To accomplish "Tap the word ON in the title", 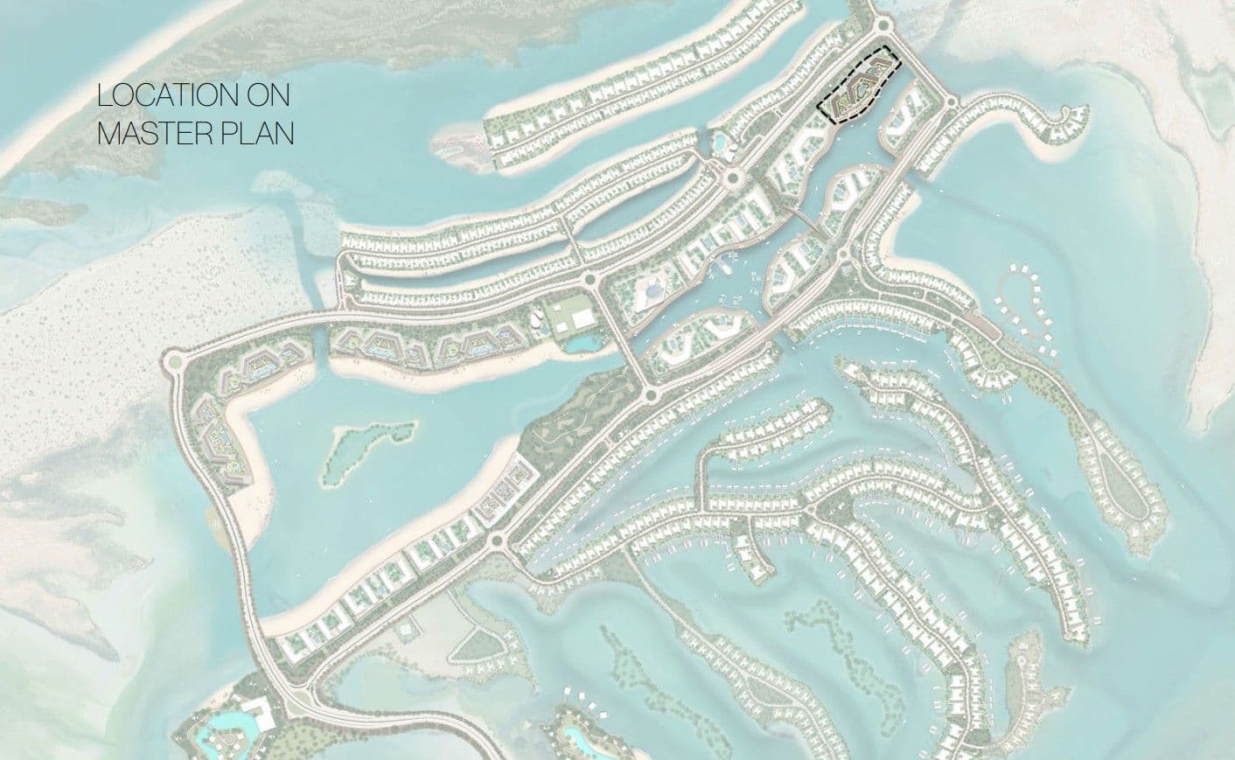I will (269, 95).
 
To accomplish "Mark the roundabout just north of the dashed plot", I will (880, 25).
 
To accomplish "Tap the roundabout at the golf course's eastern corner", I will (647, 392).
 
